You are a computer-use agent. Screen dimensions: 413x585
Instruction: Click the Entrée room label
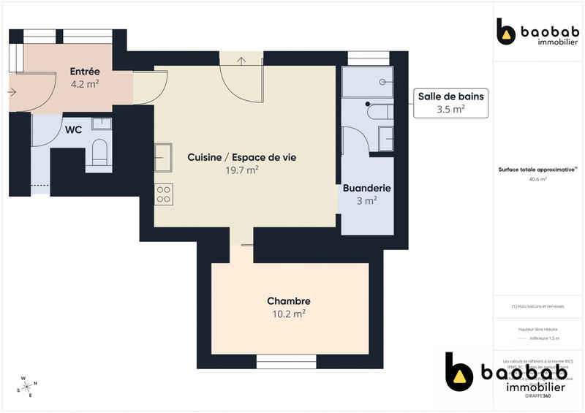[85, 72]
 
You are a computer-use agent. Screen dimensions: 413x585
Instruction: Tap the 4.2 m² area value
[85, 83]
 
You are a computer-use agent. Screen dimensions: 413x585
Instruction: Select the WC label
[73, 130]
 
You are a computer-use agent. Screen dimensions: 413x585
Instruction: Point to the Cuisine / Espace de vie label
[241, 157]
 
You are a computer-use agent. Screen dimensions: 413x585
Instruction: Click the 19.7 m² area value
[242, 170]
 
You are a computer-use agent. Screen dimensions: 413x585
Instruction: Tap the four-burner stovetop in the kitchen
[164, 194]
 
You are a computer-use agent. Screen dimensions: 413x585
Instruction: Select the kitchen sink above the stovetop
[163, 154]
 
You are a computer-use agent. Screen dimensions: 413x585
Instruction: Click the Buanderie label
[366, 188]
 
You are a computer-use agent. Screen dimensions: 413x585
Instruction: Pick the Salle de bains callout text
[450, 96]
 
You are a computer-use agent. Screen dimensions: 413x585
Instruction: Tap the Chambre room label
[288, 301]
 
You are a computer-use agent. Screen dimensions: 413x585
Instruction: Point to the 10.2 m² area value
[288, 314]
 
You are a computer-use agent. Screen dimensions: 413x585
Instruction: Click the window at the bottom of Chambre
[286, 360]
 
